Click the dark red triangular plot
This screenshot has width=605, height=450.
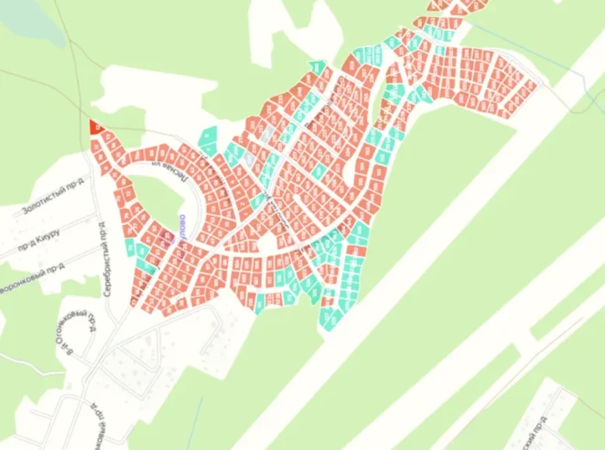click(x=95, y=126)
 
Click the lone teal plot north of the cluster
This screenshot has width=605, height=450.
click(x=316, y=67)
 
